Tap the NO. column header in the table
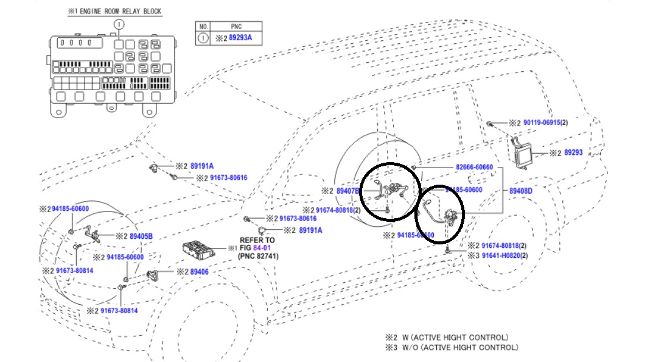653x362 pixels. coord(204,27)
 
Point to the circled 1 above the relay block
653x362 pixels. coord(119,24)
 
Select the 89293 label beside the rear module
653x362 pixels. coord(573,153)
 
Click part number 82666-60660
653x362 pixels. coord(473,167)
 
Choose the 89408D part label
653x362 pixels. coord(521,191)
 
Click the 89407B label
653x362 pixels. coord(348,191)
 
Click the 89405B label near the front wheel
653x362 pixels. coord(141,236)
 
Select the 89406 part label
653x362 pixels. coord(199,272)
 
